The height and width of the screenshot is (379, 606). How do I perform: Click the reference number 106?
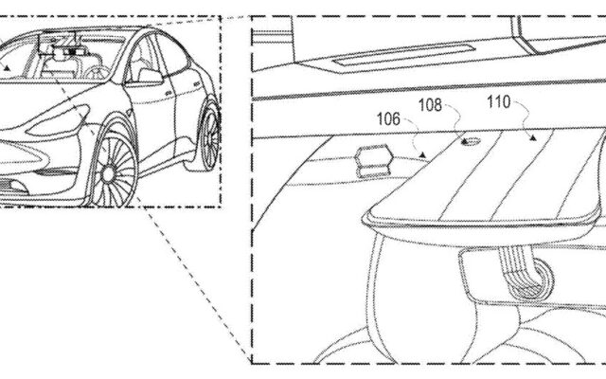(388, 119)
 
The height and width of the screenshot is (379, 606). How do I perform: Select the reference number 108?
(430, 105)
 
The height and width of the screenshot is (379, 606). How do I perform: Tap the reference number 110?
(499, 102)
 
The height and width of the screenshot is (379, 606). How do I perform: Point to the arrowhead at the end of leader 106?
(423, 155)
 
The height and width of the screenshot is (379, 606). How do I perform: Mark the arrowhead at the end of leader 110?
(533, 137)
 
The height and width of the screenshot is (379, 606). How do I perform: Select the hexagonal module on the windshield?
(375, 162)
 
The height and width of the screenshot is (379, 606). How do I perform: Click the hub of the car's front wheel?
(109, 174)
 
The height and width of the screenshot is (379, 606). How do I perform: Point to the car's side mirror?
(150, 76)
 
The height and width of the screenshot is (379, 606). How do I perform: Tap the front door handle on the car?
(169, 93)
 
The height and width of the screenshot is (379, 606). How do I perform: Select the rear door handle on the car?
(196, 83)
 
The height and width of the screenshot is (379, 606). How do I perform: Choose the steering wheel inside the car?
(96, 72)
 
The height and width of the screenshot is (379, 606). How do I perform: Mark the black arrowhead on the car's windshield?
(7, 68)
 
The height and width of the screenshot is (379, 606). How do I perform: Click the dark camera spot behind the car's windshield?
(72, 50)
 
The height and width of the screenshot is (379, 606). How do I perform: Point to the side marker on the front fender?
(129, 113)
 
